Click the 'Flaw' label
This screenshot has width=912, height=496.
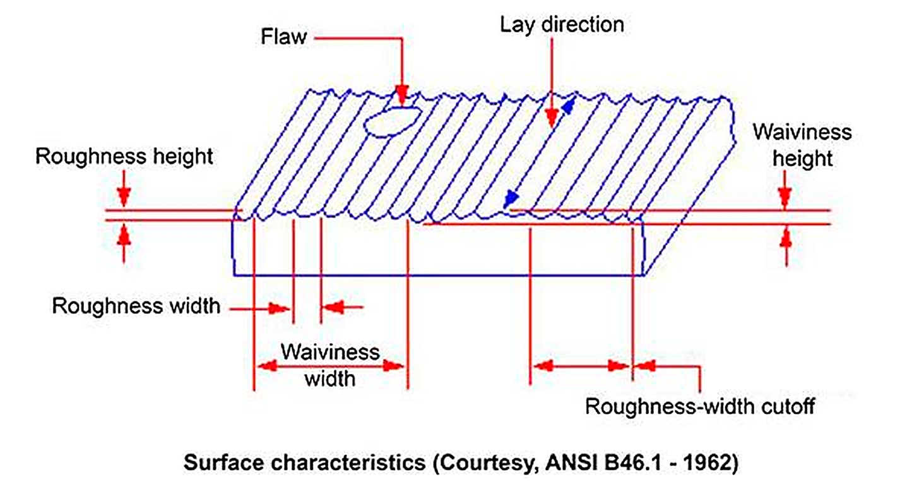(x=283, y=37)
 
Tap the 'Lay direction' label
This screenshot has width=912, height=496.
(x=562, y=25)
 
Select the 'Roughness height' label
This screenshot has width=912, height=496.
(x=124, y=157)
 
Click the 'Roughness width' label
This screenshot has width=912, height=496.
(x=136, y=306)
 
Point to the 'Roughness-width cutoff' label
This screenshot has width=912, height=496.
(x=700, y=406)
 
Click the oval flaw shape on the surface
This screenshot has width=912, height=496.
(x=392, y=121)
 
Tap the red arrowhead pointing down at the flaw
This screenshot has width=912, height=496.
(x=402, y=95)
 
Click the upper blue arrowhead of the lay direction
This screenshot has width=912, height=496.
(x=569, y=106)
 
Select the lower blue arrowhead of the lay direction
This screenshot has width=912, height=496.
(x=511, y=199)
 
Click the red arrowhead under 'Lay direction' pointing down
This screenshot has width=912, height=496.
(x=552, y=118)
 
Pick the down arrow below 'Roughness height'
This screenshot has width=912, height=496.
(x=124, y=197)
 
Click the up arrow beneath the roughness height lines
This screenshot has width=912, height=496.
(x=124, y=236)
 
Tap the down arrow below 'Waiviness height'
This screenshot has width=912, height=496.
(x=785, y=197)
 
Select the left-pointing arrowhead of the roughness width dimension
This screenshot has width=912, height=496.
(x=333, y=307)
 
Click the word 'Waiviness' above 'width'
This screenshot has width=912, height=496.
(x=330, y=352)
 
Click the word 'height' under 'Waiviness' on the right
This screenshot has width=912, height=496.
(x=802, y=159)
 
